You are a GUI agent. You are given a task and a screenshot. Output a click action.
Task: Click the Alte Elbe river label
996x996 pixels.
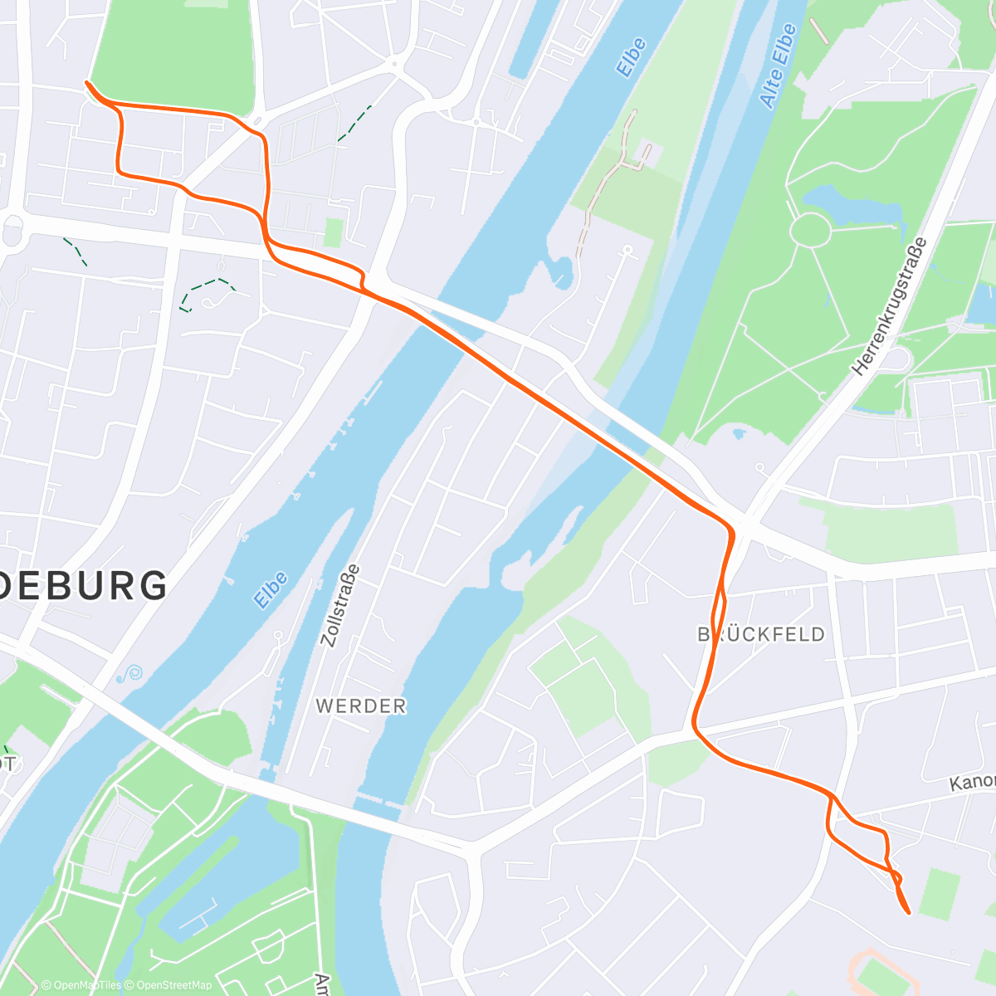tap(778, 66)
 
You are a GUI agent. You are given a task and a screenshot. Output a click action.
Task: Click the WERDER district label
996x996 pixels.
tap(361, 706)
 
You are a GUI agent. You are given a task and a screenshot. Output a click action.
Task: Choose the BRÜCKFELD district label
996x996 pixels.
tap(761, 635)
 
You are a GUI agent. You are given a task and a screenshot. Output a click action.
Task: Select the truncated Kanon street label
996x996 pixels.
tap(972, 781)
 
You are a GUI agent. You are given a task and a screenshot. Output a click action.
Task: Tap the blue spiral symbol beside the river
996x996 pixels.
tap(129, 674)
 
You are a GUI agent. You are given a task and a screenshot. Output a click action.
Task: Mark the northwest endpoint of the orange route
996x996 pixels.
tap(86, 82)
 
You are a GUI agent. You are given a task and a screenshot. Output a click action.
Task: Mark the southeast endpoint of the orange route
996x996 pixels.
tap(909, 913)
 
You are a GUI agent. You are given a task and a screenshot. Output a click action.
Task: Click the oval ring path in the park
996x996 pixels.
tap(809, 229)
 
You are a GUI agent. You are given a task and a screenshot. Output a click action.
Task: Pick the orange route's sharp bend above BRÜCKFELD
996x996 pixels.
tap(730, 529)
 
